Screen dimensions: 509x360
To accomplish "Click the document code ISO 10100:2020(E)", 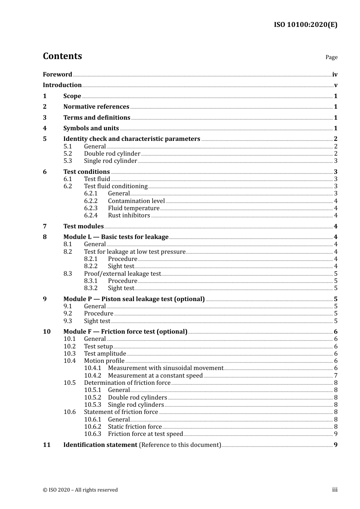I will coord(305,25).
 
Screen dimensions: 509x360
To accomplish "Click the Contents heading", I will coord(62,56).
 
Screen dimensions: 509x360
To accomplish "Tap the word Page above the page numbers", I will coord(331,57).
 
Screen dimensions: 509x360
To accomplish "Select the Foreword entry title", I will coord(57,75).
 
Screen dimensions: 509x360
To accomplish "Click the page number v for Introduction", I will coord(335,85).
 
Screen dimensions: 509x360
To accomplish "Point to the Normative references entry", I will coord(96,107).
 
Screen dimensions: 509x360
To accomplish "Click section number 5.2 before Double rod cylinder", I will coord(67,154).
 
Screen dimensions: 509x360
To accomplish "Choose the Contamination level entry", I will coord(136,201).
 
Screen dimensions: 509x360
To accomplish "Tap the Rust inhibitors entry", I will coord(129,215).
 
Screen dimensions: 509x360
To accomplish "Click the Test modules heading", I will coord(83,226).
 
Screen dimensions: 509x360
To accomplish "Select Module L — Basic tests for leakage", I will coord(116,237).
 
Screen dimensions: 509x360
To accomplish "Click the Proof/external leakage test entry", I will coord(122,274).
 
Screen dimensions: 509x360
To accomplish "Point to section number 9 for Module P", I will coord(45,299).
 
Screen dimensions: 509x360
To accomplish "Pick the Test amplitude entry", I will coord(105,354).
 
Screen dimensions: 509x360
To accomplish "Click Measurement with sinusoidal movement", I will coord(166,368).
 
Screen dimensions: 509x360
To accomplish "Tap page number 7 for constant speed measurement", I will coord(336,376).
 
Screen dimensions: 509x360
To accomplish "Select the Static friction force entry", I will coord(135,427).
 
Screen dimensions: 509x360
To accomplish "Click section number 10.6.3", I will coord(92,434).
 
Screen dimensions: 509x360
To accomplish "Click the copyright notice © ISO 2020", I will coord(80,490).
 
